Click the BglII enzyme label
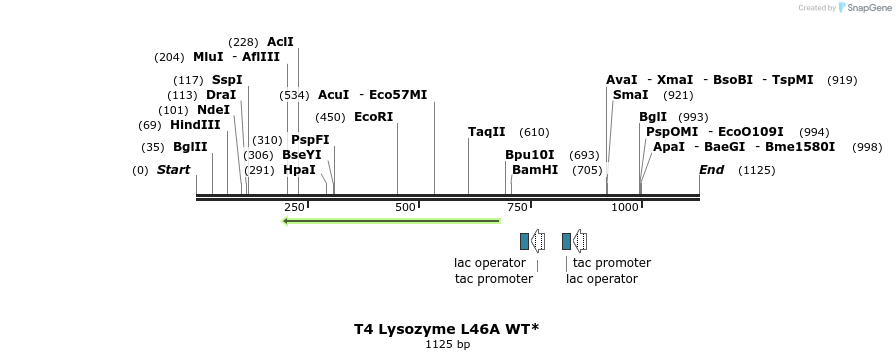tap(190, 147)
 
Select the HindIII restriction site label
tap(195, 125)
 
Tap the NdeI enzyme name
tap(213, 110)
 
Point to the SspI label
tap(227, 80)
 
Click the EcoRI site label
tap(374, 117)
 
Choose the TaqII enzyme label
tap(487, 132)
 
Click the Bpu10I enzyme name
tap(529, 155)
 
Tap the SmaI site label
tap(630, 95)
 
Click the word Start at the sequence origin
tap(173, 170)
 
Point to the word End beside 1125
tap(711, 170)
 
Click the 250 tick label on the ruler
tap(294, 207)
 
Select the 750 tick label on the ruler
tap(517, 207)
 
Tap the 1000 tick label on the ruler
tap(625, 207)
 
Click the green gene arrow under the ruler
tap(391, 220)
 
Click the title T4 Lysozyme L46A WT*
tap(447, 329)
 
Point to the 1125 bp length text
tap(447, 345)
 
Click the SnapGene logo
tap(862, 8)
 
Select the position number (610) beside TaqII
tap(534, 132)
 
